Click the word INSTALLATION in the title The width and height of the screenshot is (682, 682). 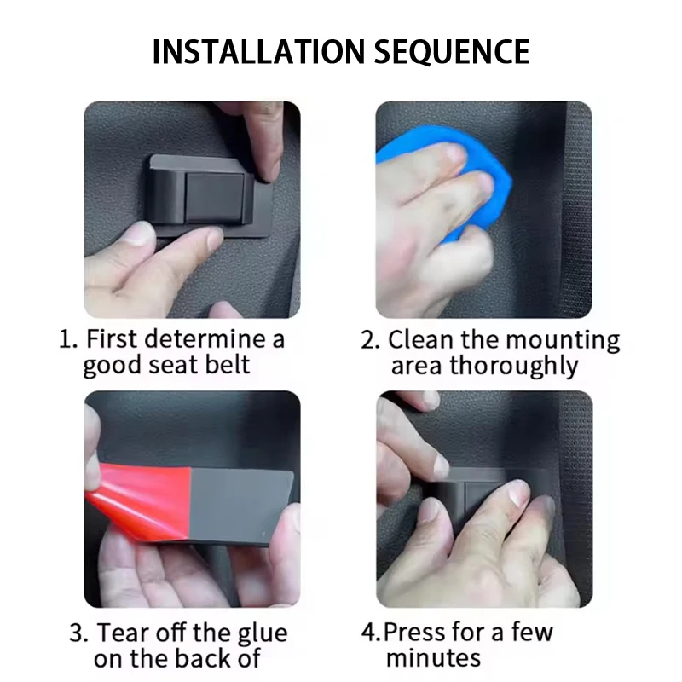pyautogui.click(x=258, y=52)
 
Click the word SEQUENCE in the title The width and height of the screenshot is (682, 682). pyautogui.click(x=452, y=52)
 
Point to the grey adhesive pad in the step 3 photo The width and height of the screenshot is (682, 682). pyautogui.click(x=241, y=505)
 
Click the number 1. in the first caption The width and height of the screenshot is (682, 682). pyautogui.click(x=68, y=338)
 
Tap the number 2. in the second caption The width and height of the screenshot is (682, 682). pyautogui.click(x=371, y=339)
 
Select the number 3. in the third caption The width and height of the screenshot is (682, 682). pyautogui.click(x=78, y=633)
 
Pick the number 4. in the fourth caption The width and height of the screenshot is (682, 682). pyautogui.click(x=372, y=632)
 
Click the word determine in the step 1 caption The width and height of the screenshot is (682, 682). pyautogui.click(x=205, y=338)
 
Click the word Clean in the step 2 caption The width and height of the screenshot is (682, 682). pyautogui.click(x=420, y=339)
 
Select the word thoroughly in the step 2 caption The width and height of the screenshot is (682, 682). pyautogui.click(x=514, y=367)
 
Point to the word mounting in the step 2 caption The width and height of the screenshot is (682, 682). pyautogui.click(x=563, y=341)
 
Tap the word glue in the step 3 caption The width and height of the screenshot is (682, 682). pyautogui.click(x=263, y=634)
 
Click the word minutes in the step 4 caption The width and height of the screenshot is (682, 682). pyautogui.click(x=433, y=657)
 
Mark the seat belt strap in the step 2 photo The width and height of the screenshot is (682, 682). pyautogui.click(x=575, y=209)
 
